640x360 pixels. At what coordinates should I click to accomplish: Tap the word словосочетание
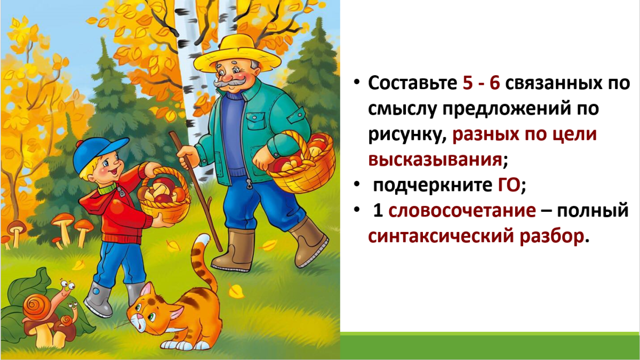pos(462,211)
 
